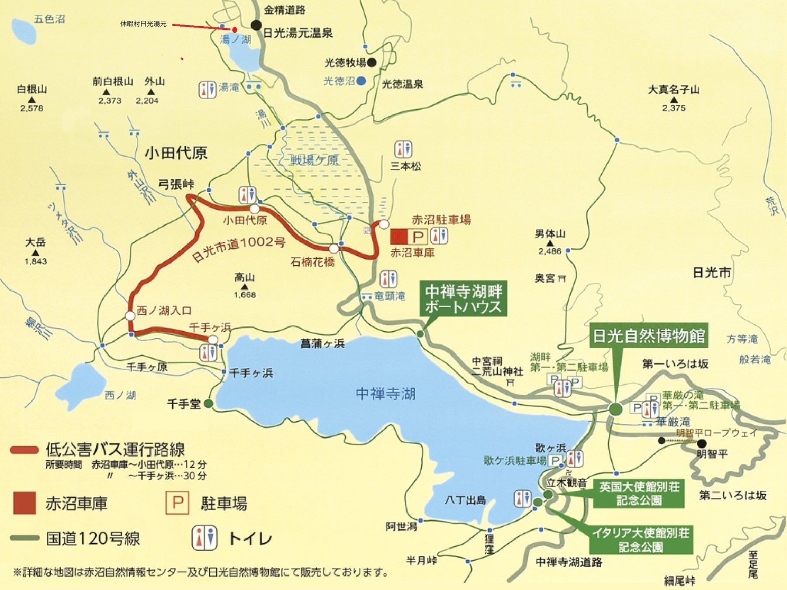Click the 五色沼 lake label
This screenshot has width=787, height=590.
tap(49, 19)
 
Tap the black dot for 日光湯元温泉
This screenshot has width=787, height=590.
tap(257, 25)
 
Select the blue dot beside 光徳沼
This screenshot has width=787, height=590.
tap(361, 81)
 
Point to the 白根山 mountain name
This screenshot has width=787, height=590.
tap(32, 89)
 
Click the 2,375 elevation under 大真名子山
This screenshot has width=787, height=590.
tap(673, 108)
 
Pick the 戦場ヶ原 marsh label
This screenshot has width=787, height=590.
tap(315, 160)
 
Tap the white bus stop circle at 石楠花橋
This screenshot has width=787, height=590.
tap(334, 249)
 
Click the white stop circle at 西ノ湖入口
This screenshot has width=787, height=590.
tap(130, 316)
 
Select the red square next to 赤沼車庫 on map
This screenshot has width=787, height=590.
tap(399, 236)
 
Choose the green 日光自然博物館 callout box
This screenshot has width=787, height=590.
tap(648, 336)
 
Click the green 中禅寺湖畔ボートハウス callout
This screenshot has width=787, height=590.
tap(463, 298)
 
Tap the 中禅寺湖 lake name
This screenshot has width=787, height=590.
tap(385, 394)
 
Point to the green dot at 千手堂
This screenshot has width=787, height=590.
tap(208, 404)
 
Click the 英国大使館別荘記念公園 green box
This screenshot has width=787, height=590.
tap(639, 493)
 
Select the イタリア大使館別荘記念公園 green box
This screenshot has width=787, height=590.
tap(641, 540)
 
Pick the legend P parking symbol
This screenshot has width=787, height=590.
tap(177, 503)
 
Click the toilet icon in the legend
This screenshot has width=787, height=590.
tap(205, 538)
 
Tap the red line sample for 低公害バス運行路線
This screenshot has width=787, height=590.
tap(24, 450)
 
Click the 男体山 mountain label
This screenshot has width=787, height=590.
tap(550, 234)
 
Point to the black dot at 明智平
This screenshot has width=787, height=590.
tap(701, 444)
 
